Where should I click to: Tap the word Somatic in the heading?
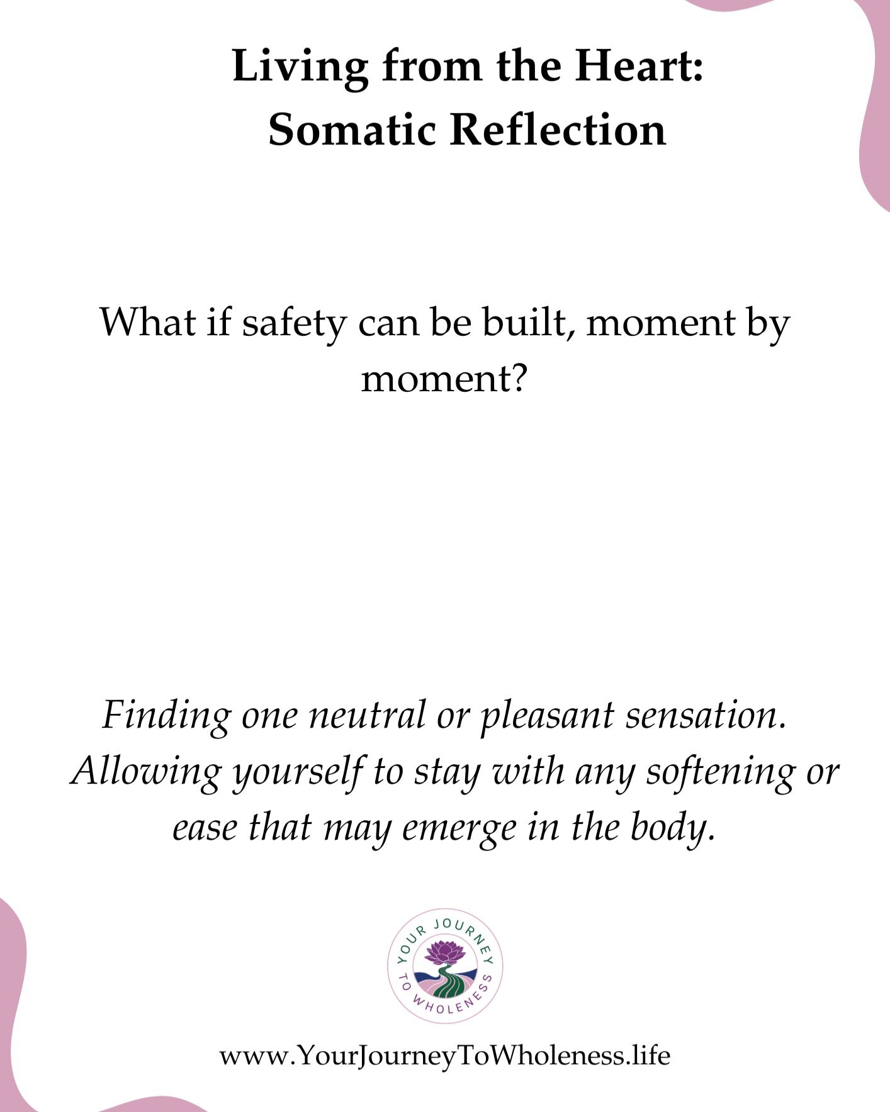352,130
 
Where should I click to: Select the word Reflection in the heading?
558,130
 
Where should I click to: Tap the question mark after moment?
518,379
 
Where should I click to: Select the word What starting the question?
147,322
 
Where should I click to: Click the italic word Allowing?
146,772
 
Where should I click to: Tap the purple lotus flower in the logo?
444,951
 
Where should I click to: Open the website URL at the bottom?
444,1055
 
